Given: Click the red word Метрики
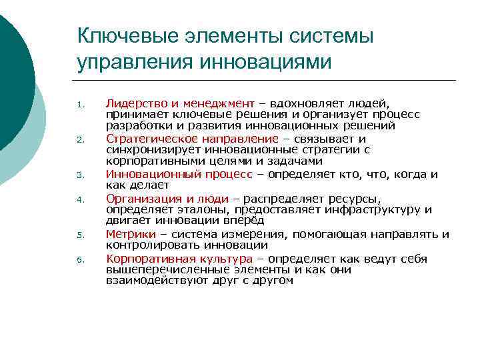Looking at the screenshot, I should coord(131,234).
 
